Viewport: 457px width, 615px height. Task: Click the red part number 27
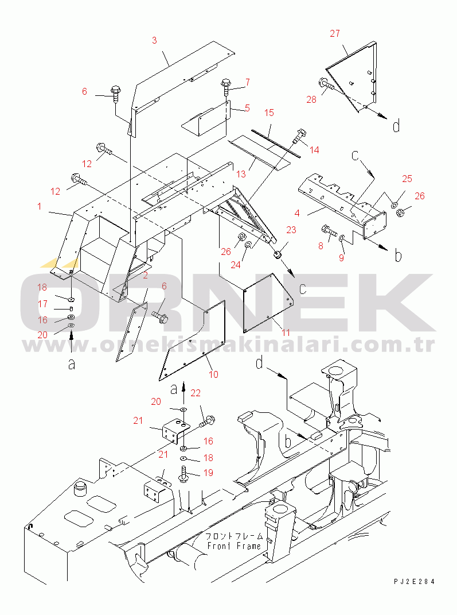(335, 33)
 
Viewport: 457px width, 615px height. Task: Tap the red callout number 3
(154, 40)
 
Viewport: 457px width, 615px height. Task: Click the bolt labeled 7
(226, 86)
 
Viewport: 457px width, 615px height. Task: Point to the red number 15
(269, 113)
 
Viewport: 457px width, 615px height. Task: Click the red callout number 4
(297, 213)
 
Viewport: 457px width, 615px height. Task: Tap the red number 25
(407, 179)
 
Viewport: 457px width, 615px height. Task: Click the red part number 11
(286, 332)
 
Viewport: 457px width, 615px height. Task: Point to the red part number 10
(213, 374)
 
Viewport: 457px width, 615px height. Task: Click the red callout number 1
(39, 206)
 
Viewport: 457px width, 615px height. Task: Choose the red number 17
(42, 304)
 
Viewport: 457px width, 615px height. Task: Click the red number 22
(196, 393)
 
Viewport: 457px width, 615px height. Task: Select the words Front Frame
(234, 546)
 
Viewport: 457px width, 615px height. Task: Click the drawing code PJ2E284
(415, 582)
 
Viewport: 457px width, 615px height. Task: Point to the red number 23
(291, 230)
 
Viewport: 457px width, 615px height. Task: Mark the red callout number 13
(241, 173)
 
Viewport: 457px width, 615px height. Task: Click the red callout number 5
(247, 108)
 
